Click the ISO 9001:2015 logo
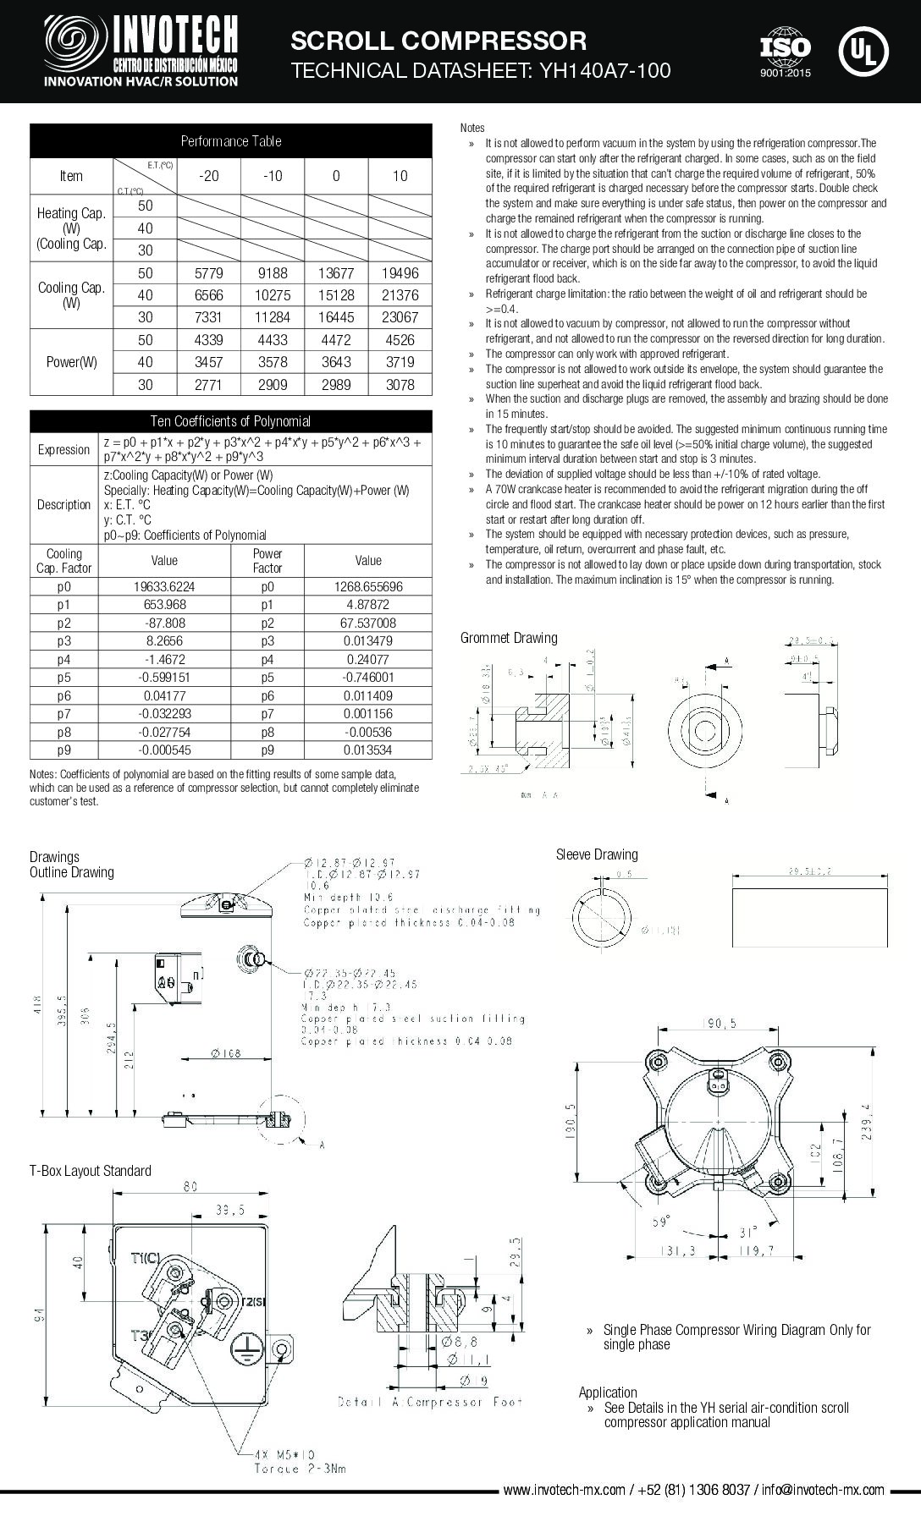[785, 53]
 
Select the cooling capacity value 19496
[400, 273]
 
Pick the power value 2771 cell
[208, 384]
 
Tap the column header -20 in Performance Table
[208, 176]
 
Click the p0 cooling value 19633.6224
[164, 586]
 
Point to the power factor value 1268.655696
[368, 586]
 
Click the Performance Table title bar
[230, 141]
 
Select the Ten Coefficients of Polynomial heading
[230, 421]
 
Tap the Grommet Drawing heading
[509, 638]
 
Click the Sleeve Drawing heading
[597, 854]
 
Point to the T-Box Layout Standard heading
[91, 1171]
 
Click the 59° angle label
[660, 1222]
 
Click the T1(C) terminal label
[145, 1258]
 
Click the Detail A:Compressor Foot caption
[430, 1402]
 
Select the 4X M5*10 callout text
[287, 1455]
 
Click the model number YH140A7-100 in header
[599, 71]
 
